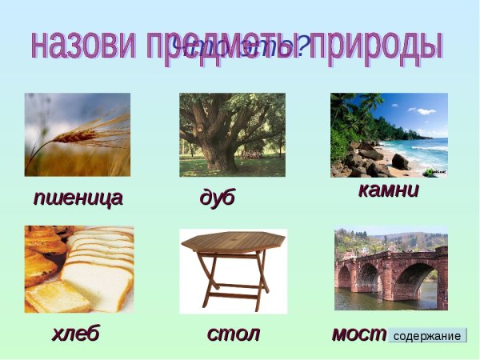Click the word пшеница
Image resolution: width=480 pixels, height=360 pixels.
(78, 198)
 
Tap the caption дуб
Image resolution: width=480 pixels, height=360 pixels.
(217, 198)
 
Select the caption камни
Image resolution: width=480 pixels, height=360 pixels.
(388, 191)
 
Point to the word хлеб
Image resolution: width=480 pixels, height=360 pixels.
(75, 333)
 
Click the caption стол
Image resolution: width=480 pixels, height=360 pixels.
(234, 333)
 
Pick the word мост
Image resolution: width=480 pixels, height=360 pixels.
(358, 333)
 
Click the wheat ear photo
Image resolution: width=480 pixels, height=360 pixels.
(78, 134)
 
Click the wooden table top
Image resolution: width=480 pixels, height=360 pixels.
(233, 240)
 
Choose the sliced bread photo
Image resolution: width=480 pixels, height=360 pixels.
(78, 269)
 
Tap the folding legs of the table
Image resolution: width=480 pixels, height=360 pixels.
(233, 280)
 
